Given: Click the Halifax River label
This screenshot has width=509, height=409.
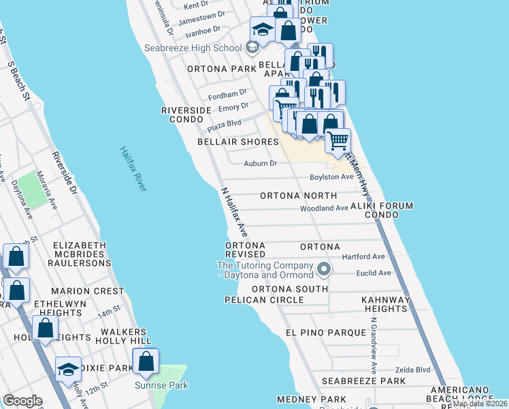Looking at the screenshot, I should (x=133, y=168).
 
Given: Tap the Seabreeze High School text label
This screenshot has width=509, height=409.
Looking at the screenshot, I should (x=193, y=48).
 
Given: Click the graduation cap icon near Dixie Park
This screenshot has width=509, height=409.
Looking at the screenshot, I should (x=68, y=369).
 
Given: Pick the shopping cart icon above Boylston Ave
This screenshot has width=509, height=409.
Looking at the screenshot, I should (x=337, y=141).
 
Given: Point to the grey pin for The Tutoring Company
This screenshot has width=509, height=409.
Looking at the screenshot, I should (x=324, y=269).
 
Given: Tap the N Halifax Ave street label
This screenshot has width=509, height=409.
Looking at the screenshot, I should (x=234, y=213).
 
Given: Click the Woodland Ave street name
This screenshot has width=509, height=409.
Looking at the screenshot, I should (x=324, y=209).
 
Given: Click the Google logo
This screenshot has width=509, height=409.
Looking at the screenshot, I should (x=22, y=400).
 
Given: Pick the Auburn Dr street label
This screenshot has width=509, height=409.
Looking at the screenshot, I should (x=261, y=164).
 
